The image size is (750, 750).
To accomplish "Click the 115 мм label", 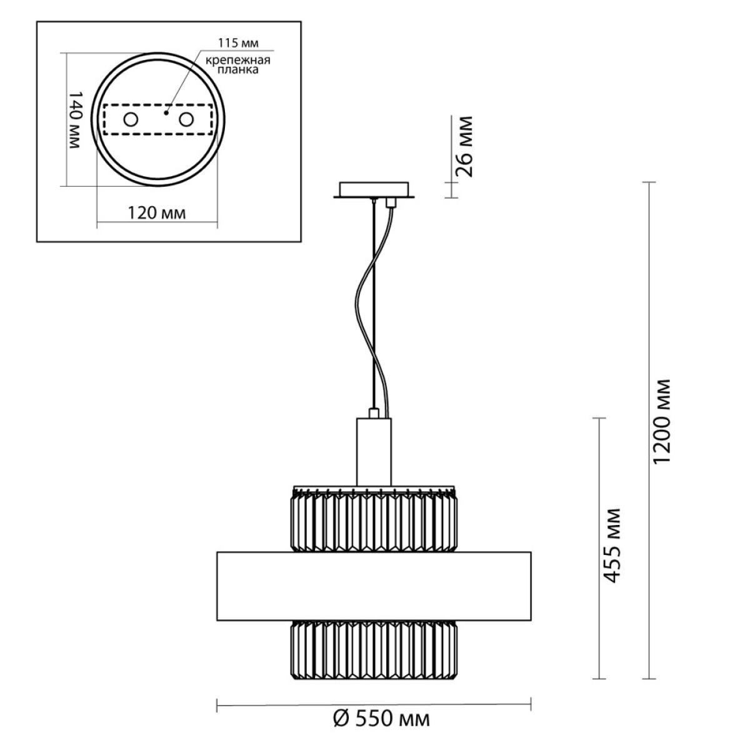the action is pyautogui.click(x=238, y=43).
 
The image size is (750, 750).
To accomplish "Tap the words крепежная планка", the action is pyautogui.click(x=237, y=65).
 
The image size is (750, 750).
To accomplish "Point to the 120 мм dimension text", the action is pyautogui.click(x=157, y=213).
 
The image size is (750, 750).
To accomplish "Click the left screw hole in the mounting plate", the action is pyautogui.click(x=131, y=119).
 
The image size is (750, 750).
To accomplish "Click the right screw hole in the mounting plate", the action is pyautogui.click(x=186, y=119).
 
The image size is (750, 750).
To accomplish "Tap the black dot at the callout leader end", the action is pyautogui.click(x=166, y=113).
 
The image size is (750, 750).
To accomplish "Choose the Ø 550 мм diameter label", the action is pyautogui.click(x=381, y=719).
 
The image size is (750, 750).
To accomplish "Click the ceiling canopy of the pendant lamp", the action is pyautogui.click(x=374, y=190).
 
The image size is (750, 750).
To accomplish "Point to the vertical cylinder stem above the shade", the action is pyautogui.click(x=374, y=452).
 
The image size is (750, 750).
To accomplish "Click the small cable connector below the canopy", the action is pyautogui.click(x=389, y=202).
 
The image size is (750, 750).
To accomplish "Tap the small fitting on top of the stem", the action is pyautogui.click(x=374, y=413).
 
